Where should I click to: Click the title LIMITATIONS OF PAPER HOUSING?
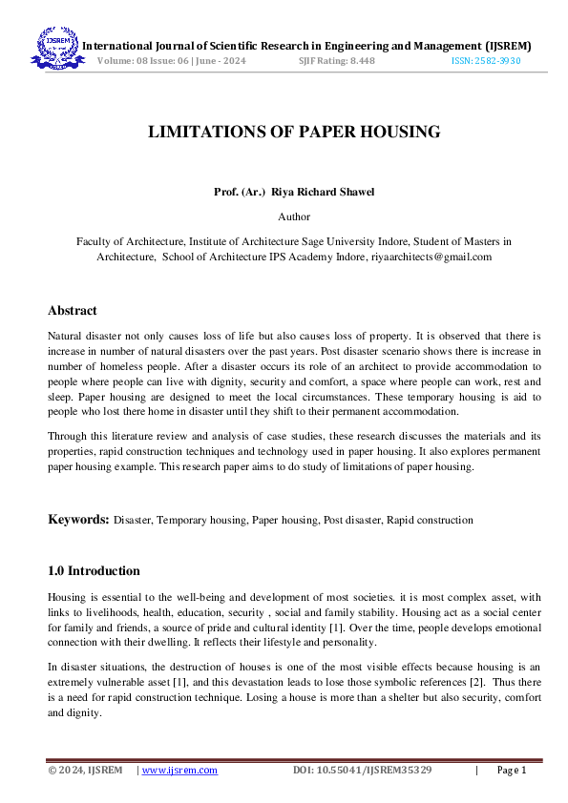(x=294, y=133)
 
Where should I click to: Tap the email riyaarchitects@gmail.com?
(x=431, y=257)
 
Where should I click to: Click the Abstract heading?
(x=73, y=311)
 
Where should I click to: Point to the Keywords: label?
(x=79, y=520)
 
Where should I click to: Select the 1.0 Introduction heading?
(x=94, y=571)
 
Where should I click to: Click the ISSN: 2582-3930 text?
(x=486, y=60)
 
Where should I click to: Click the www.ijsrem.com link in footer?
(x=179, y=771)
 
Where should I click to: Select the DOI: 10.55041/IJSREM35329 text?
(x=362, y=771)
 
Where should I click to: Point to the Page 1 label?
(x=513, y=771)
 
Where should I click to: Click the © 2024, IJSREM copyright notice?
(x=85, y=771)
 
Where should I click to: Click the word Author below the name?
(x=294, y=217)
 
